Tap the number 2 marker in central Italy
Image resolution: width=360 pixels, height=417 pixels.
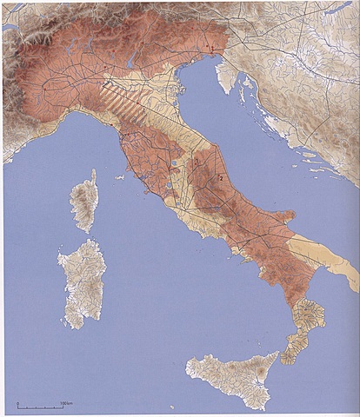pyautogui.click(x=222, y=178)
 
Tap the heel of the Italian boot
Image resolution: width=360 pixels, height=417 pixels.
pyautogui.click(x=348, y=278)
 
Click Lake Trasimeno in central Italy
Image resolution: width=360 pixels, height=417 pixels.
pyautogui.click(x=175, y=163)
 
